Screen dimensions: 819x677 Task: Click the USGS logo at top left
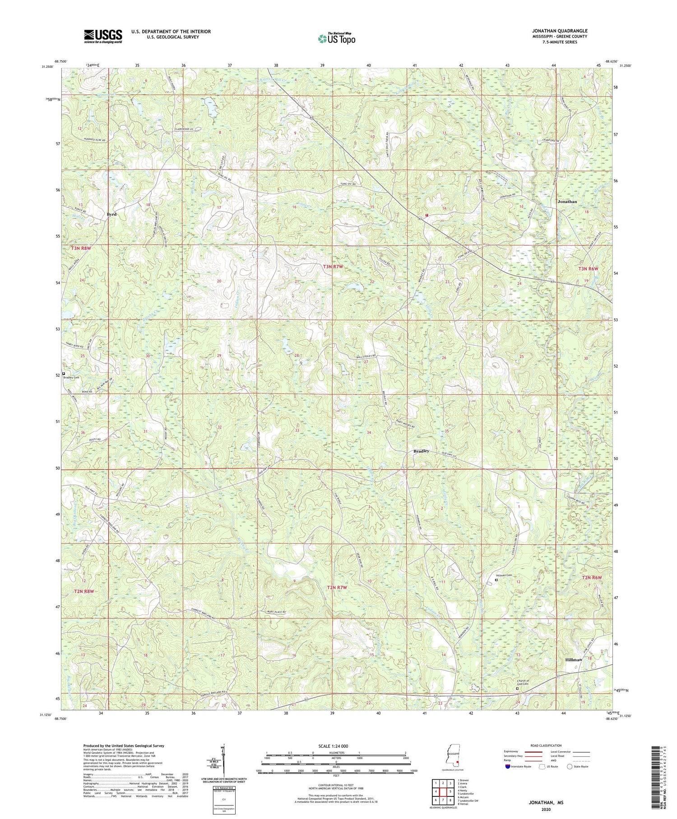[103, 36]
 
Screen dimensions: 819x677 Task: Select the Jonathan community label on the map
[567, 201]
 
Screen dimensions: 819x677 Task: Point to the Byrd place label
[111, 215]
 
